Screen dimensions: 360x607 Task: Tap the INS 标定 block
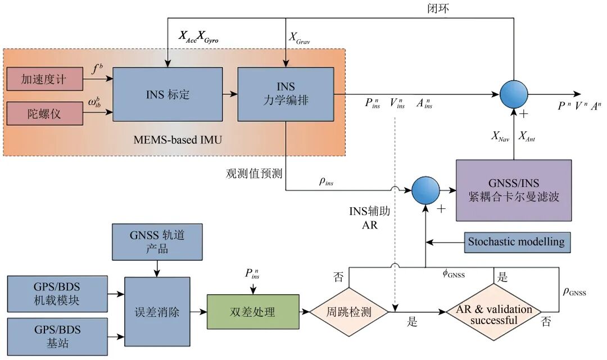pos(167,94)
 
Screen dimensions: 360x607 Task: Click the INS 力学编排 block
pos(286,94)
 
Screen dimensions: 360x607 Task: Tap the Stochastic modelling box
pos(517,242)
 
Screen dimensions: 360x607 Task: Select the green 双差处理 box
pos(253,312)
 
